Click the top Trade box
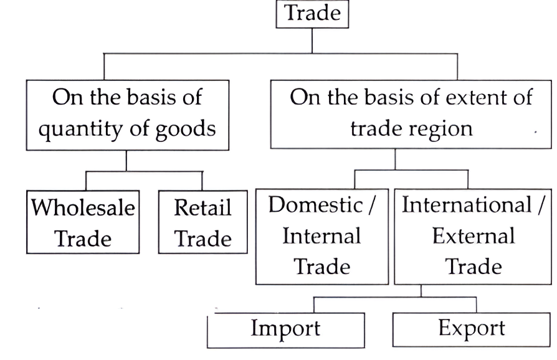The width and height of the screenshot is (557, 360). click(x=312, y=13)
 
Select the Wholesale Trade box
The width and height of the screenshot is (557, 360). click(x=83, y=222)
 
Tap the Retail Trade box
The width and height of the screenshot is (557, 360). click(x=202, y=222)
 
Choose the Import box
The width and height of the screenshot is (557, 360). click(x=285, y=329)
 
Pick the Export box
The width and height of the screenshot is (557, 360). click(x=471, y=329)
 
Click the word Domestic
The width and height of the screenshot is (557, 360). click(x=314, y=206)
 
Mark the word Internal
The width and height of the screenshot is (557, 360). click(x=321, y=236)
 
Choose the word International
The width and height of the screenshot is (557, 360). click(x=465, y=206)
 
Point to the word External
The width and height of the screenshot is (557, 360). click(x=474, y=236)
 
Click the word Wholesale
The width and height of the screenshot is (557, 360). click(x=83, y=207)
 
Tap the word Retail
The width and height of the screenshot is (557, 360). click(x=202, y=207)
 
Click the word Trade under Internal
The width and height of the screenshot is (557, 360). click(x=321, y=266)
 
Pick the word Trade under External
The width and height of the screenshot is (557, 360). click(x=474, y=266)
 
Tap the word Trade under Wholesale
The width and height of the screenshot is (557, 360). click(x=83, y=239)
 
